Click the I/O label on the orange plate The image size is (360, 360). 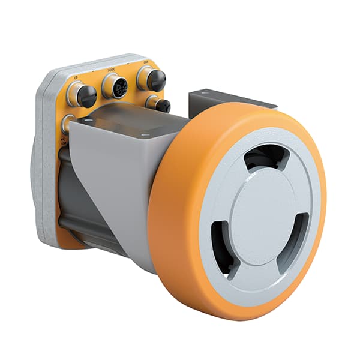point(76,77)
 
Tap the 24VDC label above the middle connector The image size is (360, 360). point(112,70)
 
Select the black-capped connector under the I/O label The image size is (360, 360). point(82,94)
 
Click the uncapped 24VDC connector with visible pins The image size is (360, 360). point(115,86)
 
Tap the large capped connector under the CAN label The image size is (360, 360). point(152,78)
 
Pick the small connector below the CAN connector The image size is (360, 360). point(158,104)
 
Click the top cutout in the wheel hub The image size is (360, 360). point(266,158)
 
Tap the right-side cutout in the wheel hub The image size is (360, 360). point(298,236)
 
